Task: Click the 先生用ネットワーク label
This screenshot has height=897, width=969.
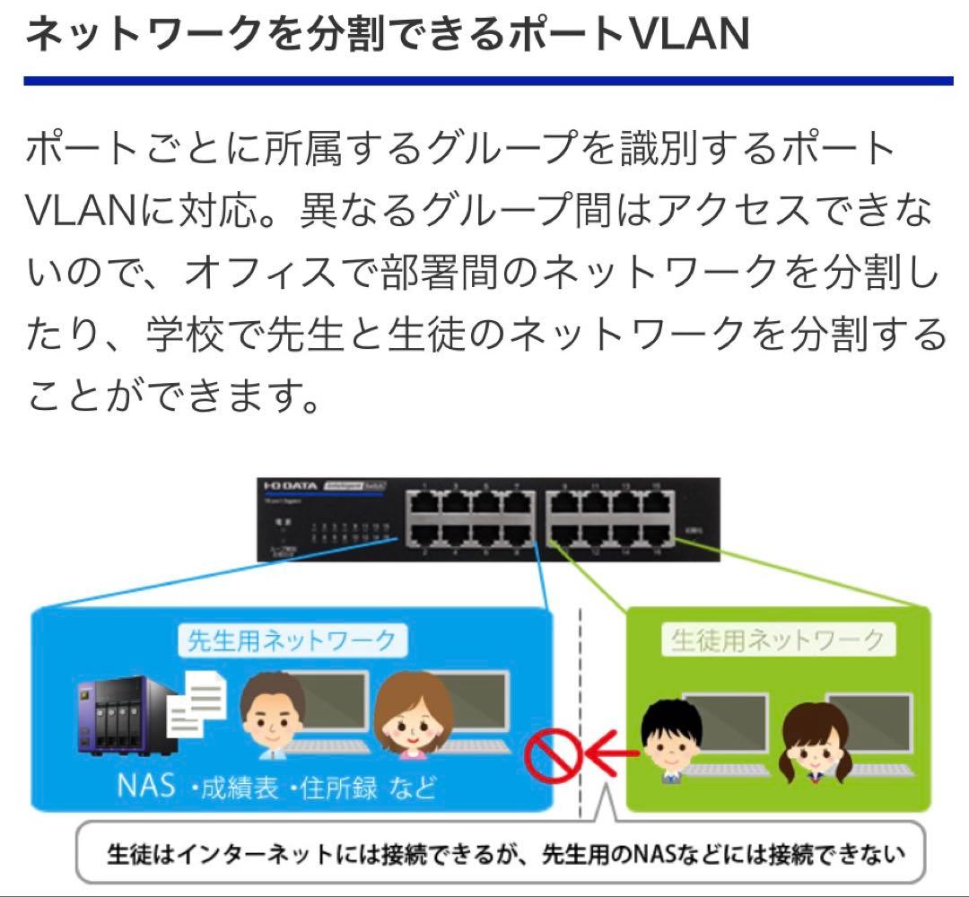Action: click(x=292, y=640)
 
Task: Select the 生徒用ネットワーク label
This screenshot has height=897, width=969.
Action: click(x=777, y=640)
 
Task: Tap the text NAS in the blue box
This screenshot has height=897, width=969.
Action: click(x=149, y=786)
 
